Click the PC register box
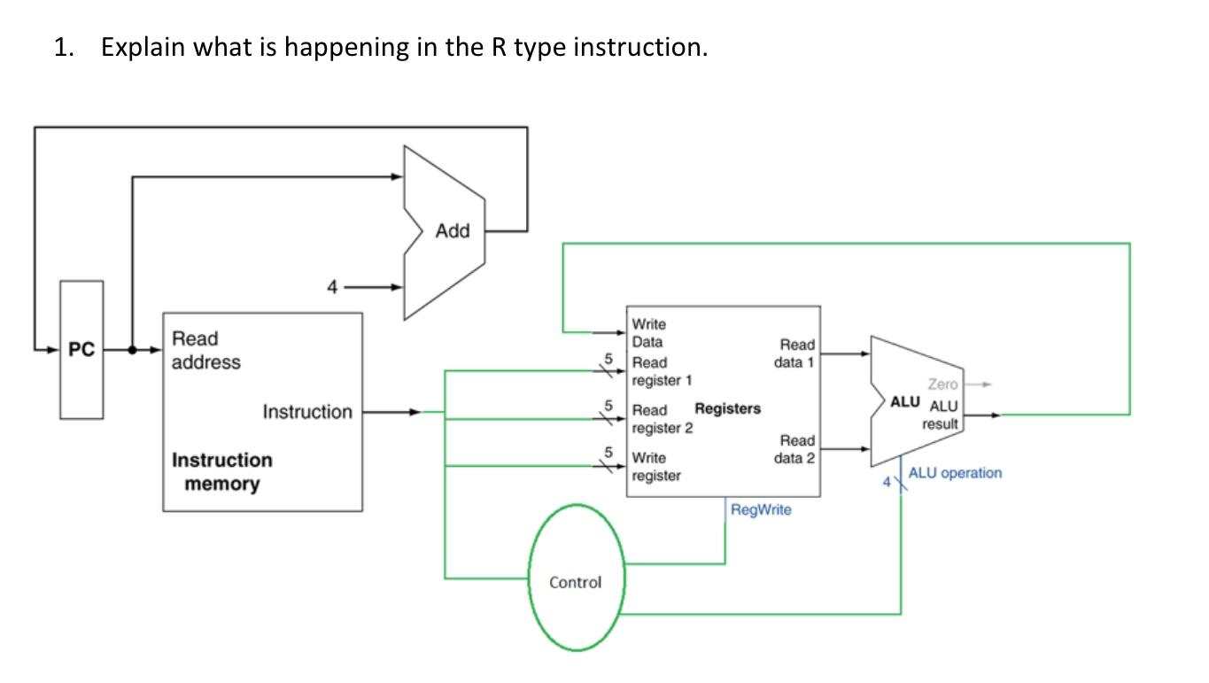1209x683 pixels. pos(81,350)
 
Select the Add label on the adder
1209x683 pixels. pos(452,231)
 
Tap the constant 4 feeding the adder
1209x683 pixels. pos(332,287)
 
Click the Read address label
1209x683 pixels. pos(205,351)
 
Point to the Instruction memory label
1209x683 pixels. pos(221,472)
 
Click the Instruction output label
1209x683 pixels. pos(306,412)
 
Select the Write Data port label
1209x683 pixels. pos(648,333)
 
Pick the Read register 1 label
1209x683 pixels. pos(661,371)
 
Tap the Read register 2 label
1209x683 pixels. pos(661,419)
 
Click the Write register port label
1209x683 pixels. pos(655,467)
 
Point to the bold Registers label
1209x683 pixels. pos(727,408)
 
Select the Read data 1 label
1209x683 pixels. pos(796,353)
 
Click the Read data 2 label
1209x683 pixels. pos(796,448)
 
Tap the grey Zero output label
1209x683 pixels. pos(942,384)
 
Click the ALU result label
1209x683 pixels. pos(942,415)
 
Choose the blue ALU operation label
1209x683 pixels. pos(955,473)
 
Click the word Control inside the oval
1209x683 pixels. pos(575,582)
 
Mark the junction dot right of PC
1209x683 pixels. pos(133,350)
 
